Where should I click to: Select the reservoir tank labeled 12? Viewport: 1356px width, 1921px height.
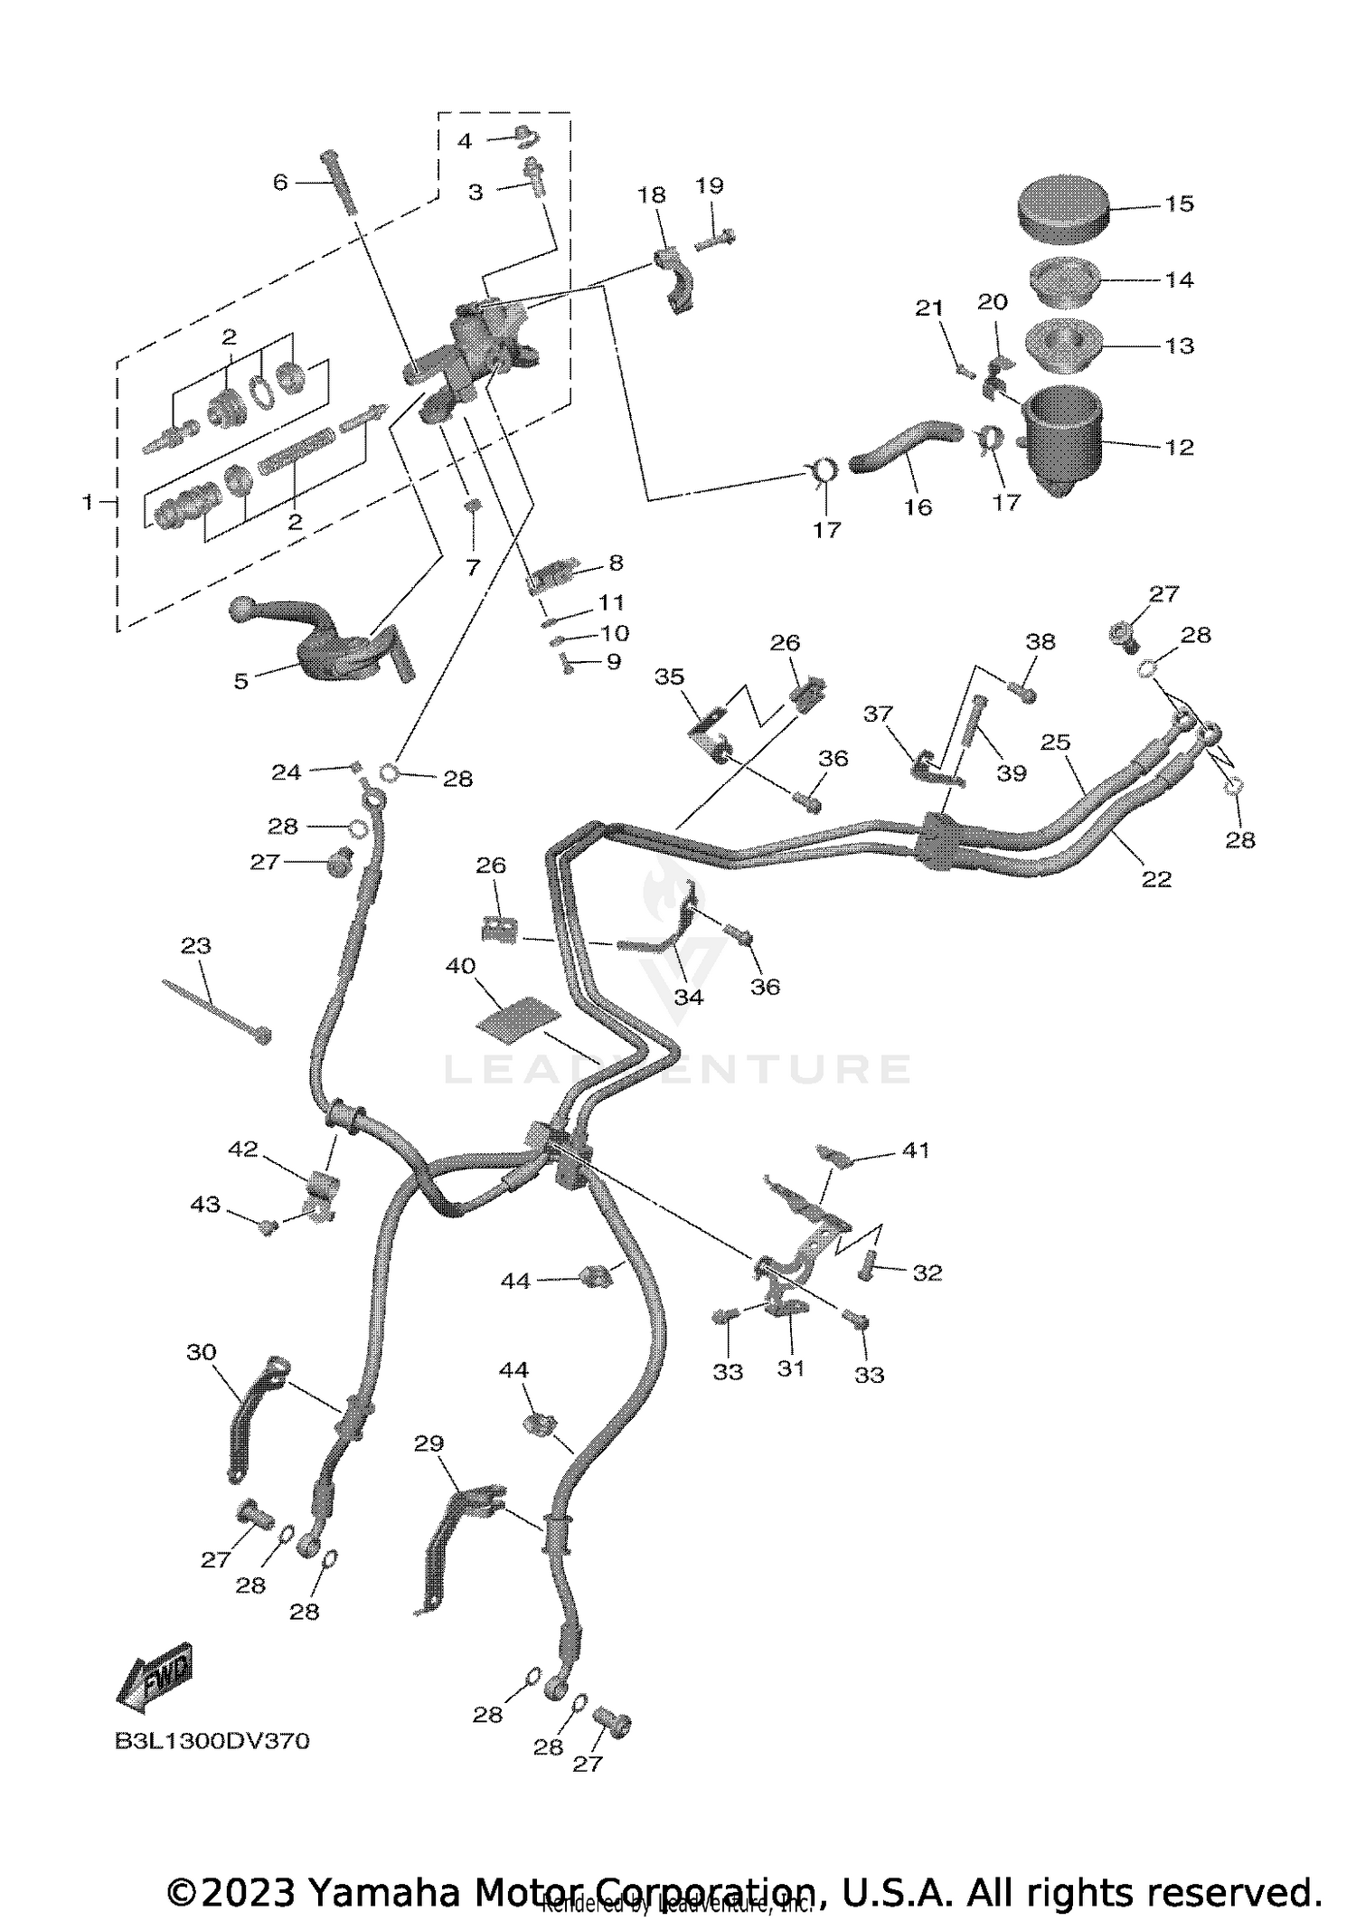[1063, 440]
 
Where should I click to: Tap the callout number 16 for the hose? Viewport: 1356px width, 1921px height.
[918, 507]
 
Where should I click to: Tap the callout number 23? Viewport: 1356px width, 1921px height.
[196, 946]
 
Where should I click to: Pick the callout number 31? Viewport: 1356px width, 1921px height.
[791, 1368]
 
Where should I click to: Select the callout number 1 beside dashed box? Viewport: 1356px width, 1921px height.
[88, 501]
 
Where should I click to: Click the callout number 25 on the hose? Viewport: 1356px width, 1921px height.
[1055, 743]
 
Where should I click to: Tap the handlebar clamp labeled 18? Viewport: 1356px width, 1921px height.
[673, 280]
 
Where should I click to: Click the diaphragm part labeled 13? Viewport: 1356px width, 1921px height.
[1063, 344]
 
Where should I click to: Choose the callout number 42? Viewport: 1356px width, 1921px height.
[242, 1149]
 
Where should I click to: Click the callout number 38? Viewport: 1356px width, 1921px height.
[1041, 641]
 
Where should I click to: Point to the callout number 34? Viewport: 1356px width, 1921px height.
[688, 997]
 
